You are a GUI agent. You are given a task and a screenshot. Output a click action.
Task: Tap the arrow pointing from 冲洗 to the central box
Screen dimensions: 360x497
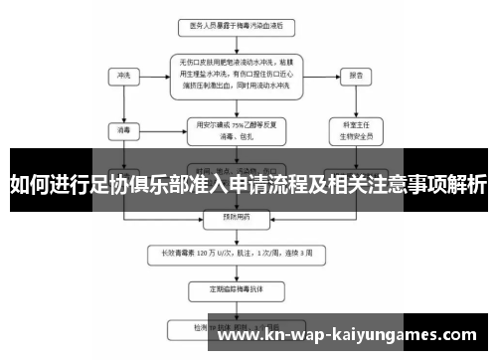(152, 75)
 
